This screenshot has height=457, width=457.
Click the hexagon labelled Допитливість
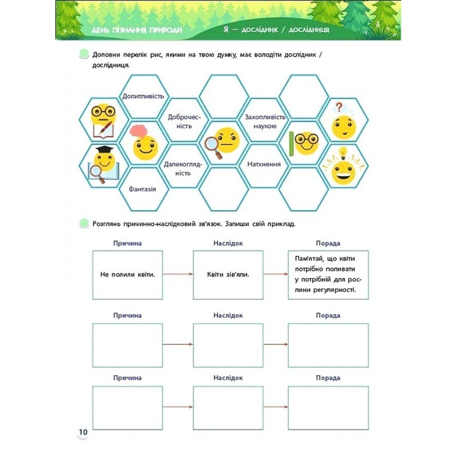click(x=143, y=96)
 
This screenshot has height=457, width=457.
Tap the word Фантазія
click(x=143, y=189)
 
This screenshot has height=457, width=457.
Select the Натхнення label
click(x=264, y=164)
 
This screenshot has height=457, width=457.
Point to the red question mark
click(x=338, y=107)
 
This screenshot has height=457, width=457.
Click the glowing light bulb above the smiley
click(x=343, y=153)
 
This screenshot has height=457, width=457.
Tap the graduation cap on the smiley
click(x=105, y=149)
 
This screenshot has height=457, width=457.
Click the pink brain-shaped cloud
click(x=139, y=132)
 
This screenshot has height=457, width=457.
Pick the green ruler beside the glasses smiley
click(x=292, y=143)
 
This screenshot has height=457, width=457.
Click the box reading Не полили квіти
click(x=128, y=275)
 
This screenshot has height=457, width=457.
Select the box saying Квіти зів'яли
click(x=228, y=275)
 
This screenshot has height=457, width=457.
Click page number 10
click(x=83, y=432)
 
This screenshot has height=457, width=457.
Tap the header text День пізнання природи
click(x=137, y=30)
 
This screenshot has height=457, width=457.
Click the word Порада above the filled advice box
click(x=328, y=243)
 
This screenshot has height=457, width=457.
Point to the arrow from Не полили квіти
click(x=178, y=274)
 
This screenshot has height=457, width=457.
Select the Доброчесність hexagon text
click(x=184, y=122)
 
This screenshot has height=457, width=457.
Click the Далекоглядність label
click(x=183, y=169)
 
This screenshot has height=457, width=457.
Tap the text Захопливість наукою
click(x=265, y=122)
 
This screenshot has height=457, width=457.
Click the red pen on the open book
click(x=105, y=128)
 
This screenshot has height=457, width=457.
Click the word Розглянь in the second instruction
click(x=106, y=224)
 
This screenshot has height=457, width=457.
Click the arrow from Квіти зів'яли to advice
click(x=276, y=274)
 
